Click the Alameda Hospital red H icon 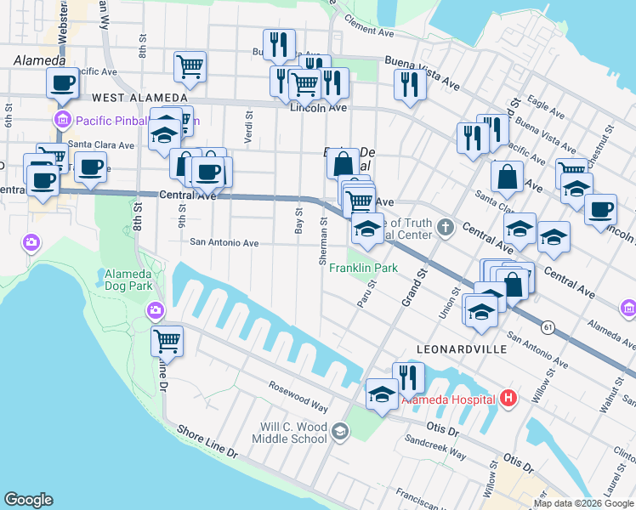(x=508, y=397)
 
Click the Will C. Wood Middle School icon (x=340, y=433)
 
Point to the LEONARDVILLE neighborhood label (x=462, y=349)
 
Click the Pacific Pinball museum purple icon (x=61, y=120)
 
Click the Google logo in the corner (x=28, y=500)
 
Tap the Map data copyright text (x=582, y=503)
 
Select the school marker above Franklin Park (x=367, y=229)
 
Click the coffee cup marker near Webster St (x=63, y=83)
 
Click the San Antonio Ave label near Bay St (x=224, y=242)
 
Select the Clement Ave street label (x=370, y=30)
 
